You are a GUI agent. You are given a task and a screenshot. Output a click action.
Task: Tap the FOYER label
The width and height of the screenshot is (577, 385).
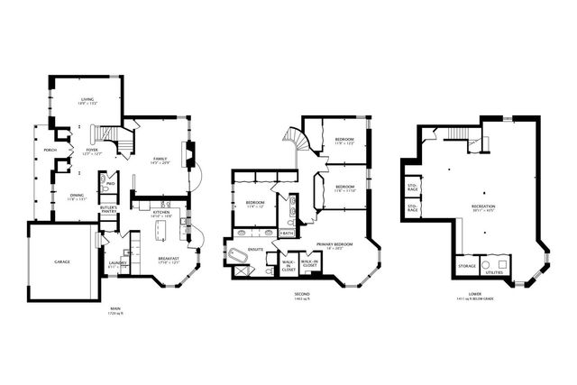pos(91,151)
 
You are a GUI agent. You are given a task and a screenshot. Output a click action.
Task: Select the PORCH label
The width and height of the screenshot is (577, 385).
pos(50,150)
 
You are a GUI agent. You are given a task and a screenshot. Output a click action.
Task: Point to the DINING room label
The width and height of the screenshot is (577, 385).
pos(77,197)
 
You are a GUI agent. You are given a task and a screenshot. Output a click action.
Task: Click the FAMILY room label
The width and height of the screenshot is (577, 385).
pos(160,159)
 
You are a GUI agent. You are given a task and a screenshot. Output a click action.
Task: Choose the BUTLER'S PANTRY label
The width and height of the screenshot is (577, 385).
pos(109,209)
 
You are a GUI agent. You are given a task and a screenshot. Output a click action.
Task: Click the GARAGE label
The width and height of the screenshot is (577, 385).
pos(61,261)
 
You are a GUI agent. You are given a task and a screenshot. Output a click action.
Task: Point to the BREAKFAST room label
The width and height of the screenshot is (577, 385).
pos(169,260)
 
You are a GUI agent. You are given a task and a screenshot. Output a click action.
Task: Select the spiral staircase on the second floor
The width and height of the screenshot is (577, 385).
pos(297,140)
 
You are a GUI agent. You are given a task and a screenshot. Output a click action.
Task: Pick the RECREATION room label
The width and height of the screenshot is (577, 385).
pos(483,206)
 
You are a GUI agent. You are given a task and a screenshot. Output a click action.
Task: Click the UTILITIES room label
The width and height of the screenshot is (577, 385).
pos(494,270)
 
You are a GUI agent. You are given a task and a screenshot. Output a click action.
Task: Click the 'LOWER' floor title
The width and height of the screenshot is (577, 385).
pos(474,294)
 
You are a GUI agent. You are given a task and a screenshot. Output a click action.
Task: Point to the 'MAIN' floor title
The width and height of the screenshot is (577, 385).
pos(115,308)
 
